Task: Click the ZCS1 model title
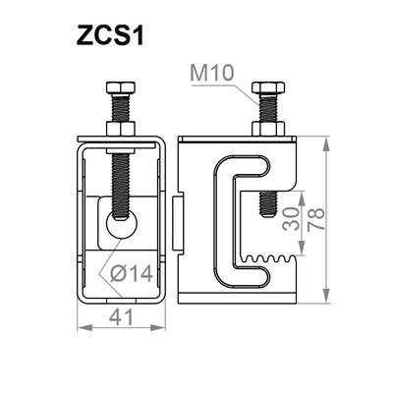pos(110,35)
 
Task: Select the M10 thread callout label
pos(212,73)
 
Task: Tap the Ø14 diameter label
pos(132,273)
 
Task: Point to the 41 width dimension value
pos(122,317)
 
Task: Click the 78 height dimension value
pos(316,219)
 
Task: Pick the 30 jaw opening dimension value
pos(291,219)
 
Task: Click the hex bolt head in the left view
pos(121,87)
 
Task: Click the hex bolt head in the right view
pos(268,87)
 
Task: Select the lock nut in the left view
pos(121,129)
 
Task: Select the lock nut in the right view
pos(268,129)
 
